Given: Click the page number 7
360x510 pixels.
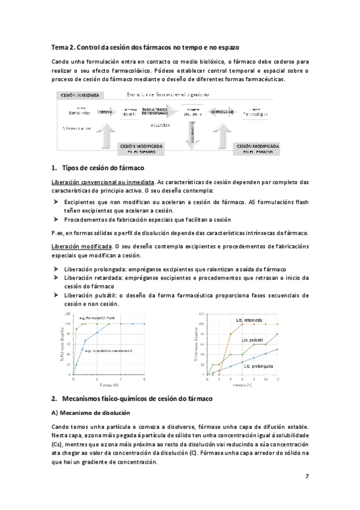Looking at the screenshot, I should (307, 476).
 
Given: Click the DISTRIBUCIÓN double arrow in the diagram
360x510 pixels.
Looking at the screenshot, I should (222, 112).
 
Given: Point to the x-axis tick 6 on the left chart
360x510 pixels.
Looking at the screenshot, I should (144, 379).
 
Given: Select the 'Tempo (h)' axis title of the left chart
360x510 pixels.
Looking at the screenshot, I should (109, 385).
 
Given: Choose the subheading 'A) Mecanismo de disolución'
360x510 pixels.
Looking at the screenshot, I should (90, 414).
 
